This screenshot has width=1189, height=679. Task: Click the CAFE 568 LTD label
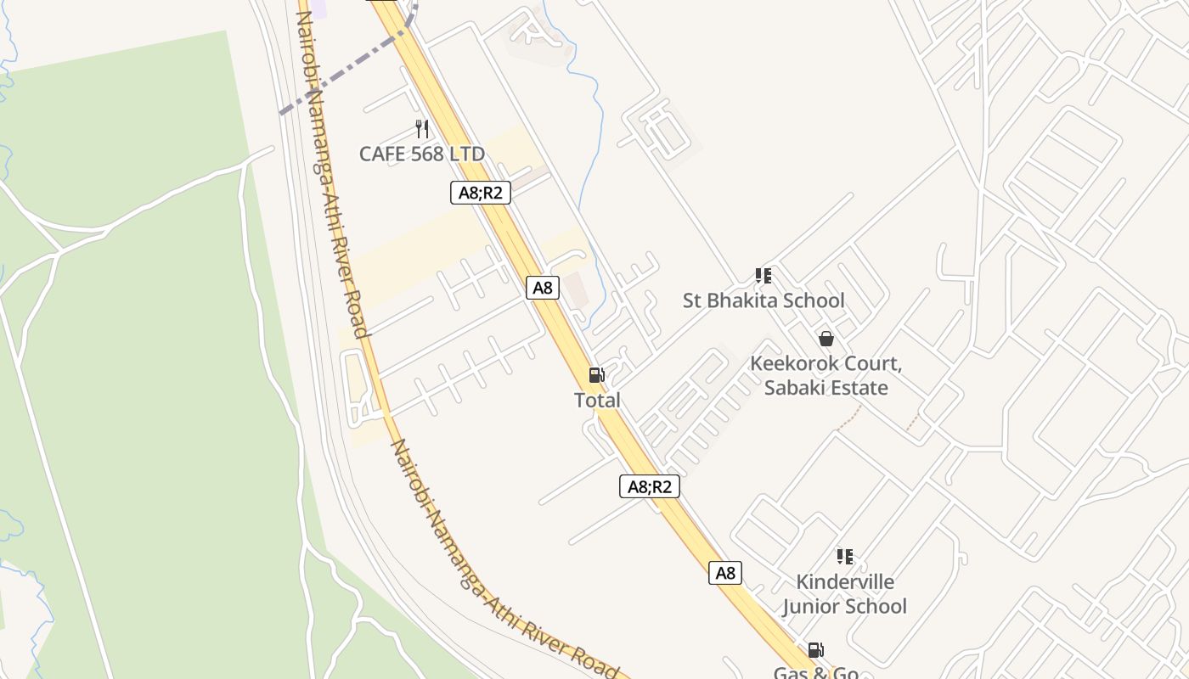click(421, 154)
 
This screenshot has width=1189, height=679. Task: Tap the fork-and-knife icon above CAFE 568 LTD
click(421, 129)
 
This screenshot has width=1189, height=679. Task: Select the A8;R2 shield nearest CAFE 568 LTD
click(480, 193)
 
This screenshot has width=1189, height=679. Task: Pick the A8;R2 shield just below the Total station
click(649, 486)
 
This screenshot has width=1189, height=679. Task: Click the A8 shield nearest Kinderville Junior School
click(725, 573)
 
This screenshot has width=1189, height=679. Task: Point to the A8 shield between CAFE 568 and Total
click(543, 288)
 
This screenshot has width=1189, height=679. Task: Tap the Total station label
click(597, 400)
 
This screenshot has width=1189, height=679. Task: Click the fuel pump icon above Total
click(596, 375)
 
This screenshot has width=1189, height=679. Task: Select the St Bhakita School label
click(764, 300)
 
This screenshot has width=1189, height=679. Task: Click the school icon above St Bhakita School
click(764, 276)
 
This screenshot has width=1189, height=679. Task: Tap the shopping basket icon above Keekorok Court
click(826, 339)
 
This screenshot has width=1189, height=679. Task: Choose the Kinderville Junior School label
click(844, 594)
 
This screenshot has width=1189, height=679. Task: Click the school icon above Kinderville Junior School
click(844, 557)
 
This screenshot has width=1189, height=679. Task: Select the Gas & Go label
click(815, 673)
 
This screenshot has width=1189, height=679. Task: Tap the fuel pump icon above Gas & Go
click(815, 650)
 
